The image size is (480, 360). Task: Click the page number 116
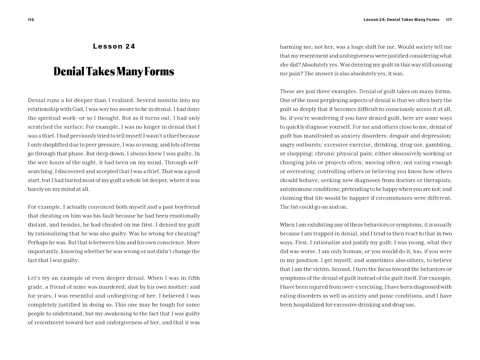(31, 20)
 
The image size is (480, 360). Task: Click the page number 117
(449, 20)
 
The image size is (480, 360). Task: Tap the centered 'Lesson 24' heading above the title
(114, 46)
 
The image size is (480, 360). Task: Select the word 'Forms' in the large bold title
(159, 71)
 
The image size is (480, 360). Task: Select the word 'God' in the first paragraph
(78, 109)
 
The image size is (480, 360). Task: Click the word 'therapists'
(437, 180)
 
